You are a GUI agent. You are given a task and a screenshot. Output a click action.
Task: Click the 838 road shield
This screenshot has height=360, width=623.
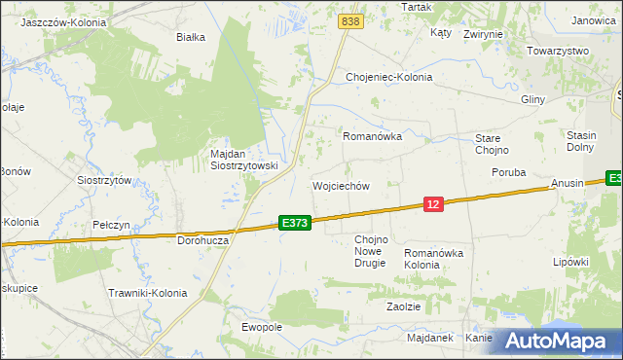click(351, 20)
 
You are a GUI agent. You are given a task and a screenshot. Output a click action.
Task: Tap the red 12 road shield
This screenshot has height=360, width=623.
click(434, 203)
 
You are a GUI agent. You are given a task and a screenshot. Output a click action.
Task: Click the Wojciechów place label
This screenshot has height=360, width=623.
click(341, 186)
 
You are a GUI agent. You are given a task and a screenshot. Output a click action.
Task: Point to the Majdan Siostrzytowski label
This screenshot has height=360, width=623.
click(244, 160)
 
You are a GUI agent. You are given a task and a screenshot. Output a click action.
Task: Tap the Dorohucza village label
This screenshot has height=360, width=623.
click(202, 239)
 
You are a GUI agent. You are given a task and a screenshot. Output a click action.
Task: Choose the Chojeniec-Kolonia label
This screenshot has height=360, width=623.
click(389, 77)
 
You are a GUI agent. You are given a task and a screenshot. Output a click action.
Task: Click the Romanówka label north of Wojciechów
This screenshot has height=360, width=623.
click(373, 137)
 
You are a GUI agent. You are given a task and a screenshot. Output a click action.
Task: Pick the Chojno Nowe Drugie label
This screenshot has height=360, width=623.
click(371, 251)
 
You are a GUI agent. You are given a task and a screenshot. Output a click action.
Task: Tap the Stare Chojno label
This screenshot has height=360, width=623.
click(499, 144)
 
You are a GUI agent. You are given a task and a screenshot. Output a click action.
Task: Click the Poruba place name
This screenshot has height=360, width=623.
click(508, 172)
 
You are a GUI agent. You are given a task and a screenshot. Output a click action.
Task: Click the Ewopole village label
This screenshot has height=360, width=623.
click(261, 327)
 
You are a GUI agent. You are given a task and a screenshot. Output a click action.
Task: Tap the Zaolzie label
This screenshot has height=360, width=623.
click(403, 306)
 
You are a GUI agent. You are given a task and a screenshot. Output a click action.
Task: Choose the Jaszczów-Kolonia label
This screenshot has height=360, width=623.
click(55, 21)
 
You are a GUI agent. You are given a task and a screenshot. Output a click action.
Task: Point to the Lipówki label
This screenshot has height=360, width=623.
click(571, 262)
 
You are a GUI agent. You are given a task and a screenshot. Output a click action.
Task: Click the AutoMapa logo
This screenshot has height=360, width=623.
click(553, 341)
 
